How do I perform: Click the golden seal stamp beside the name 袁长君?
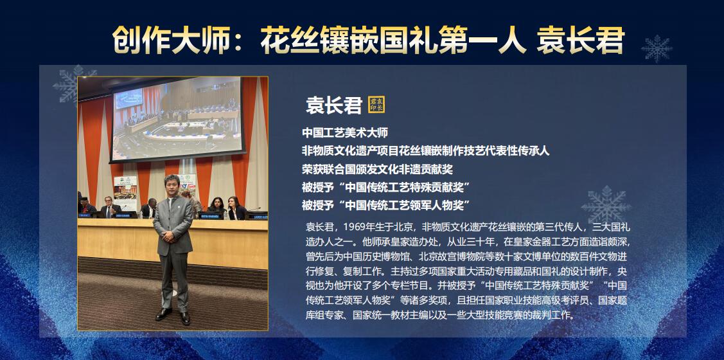pos(376,104)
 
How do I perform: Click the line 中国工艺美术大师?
pos(345,133)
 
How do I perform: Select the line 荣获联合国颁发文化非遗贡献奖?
pos(377,169)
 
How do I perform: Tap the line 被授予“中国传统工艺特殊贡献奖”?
pos(386,187)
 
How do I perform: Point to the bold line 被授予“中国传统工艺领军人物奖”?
pos(386,205)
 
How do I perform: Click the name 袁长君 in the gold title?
pos(580,40)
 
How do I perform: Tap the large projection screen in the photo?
pos(177,119)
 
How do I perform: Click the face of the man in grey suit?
pos(172,186)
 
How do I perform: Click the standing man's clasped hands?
pos(170,237)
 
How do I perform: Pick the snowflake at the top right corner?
pos(657,48)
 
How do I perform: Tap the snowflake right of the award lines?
pos(606,204)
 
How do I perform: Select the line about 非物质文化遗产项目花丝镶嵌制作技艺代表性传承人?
pos(426,151)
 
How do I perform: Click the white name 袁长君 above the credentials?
pos(333,105)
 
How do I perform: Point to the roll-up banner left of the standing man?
pos(126,193)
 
